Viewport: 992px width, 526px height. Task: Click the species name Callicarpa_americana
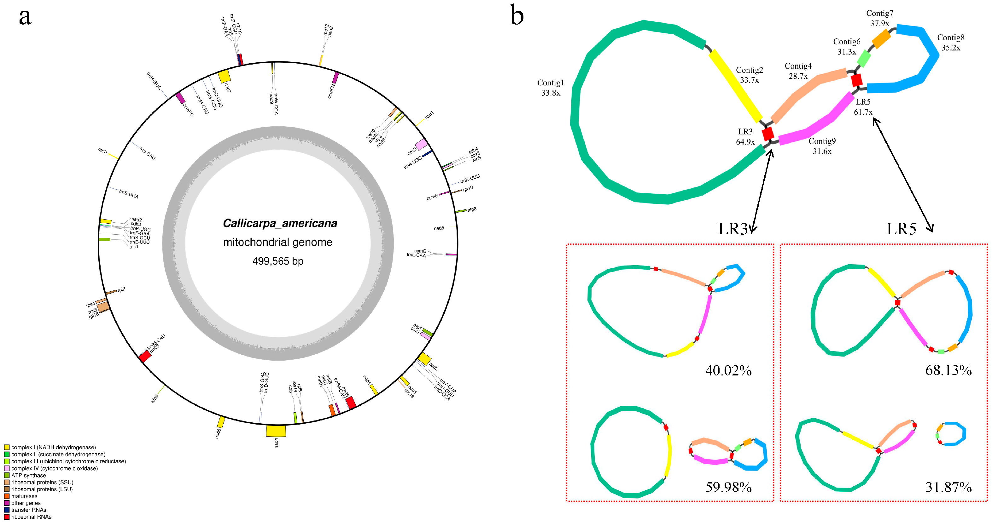[280, 223]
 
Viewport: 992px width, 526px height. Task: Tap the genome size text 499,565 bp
[278, 261]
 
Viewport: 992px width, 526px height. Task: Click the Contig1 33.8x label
[550, 88]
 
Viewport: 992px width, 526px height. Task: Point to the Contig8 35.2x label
[950, 42]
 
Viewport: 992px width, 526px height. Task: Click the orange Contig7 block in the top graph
[881, 39]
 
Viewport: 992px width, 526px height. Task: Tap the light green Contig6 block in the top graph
[864, 59]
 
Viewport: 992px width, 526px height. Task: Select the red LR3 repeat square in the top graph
[768, 134]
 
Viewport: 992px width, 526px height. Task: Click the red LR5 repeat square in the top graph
[856, 80]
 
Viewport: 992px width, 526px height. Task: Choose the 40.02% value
[728, 370]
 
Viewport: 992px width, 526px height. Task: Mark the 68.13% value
[948, 370]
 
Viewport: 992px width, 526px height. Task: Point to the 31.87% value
[948, 487]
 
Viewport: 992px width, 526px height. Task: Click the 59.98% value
[728, 487]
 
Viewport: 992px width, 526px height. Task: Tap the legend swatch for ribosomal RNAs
[7, 517]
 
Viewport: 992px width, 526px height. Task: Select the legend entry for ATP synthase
[28, 475]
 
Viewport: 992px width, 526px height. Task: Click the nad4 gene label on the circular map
[277, 443]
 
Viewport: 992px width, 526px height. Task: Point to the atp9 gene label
[155, 398]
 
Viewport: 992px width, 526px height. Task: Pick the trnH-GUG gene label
[154, 81]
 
